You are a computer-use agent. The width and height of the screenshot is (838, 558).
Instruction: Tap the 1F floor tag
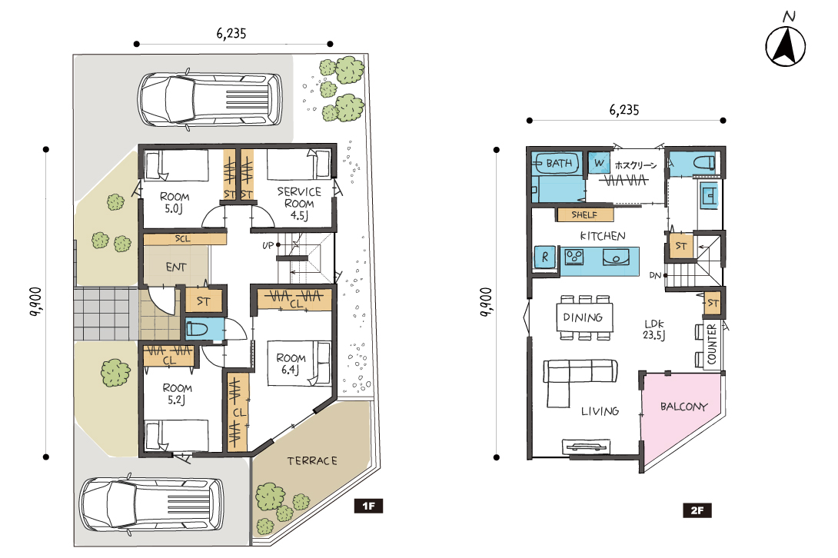click(369, 507)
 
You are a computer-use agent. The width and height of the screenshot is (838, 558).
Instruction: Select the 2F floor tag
click(697, 510)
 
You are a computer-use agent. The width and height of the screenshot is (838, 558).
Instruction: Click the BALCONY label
click(683, 407)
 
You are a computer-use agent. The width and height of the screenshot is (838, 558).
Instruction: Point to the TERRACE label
click(312, 460)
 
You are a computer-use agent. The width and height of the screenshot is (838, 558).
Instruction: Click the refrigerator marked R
click(545, 257)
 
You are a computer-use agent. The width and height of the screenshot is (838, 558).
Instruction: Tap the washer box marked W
click(599, 163)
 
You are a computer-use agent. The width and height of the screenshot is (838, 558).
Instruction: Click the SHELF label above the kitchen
click(584, 215)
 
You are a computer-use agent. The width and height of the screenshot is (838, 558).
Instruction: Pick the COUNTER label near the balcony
click(711, 344)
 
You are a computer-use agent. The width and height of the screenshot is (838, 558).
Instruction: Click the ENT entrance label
click(176, 267)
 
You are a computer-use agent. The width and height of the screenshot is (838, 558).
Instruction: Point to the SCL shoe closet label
click(182, 239)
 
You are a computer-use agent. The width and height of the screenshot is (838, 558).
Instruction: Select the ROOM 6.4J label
click(291, 364)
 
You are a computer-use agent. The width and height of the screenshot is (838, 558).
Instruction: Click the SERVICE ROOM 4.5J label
click(299, 203)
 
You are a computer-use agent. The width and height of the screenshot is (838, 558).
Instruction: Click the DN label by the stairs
click(655, 275)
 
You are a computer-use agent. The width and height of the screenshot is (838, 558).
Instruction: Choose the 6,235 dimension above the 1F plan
click(231, 33)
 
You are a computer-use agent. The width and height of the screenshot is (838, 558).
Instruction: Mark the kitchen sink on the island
click(617, 258)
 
